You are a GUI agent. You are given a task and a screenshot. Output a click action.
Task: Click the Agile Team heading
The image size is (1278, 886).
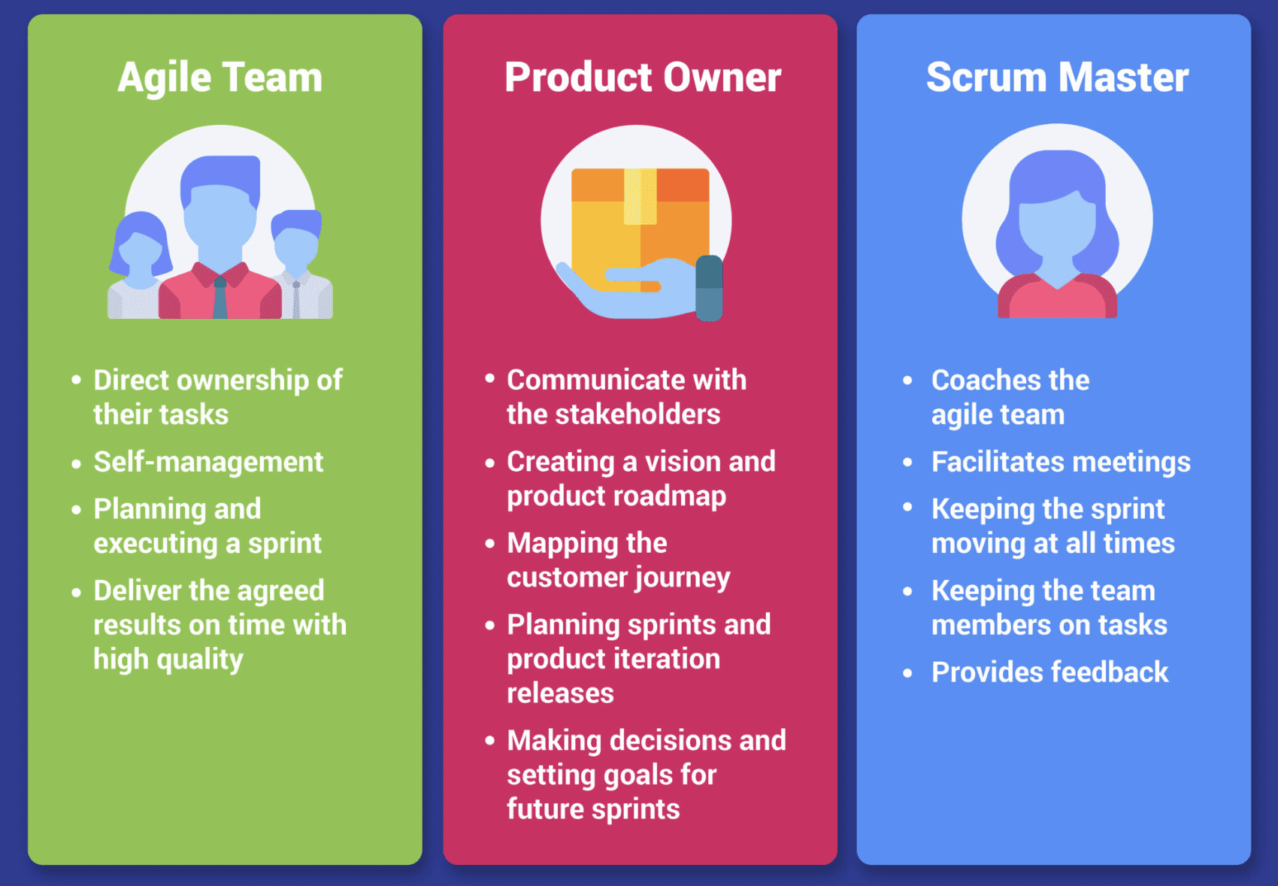point(220,77)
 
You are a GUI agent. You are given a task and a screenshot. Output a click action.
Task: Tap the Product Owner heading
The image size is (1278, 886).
point(643,77)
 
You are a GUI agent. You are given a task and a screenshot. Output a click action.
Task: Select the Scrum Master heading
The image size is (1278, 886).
point(1057,77)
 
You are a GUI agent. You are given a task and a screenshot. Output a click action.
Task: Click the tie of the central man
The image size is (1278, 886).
point(220,297)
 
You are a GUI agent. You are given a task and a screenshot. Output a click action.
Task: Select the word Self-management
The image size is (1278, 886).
point(208,462)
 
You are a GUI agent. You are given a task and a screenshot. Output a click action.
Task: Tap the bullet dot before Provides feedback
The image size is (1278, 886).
point(908,673)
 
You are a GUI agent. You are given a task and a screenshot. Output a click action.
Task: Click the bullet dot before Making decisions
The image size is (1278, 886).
point(490,741)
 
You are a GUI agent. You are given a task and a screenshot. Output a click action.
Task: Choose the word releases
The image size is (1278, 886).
point(560,693)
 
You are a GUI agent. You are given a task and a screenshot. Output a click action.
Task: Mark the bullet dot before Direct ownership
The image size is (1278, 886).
point(76,381)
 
